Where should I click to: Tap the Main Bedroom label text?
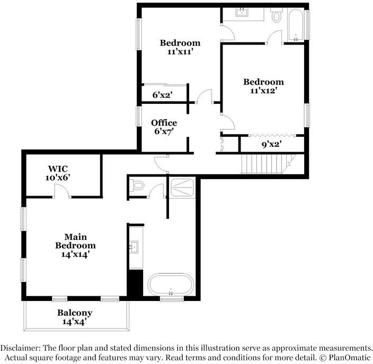(x=75, y=241)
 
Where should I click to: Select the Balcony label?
(x=75, y=313)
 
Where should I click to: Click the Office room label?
(x=164, y=123)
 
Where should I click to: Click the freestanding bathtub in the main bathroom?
(x=171, y=285)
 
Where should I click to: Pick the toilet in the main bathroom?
(x=138, y=186)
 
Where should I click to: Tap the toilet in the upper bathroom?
(x=277, y=16)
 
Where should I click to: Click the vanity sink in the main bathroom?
(x=134, y=246)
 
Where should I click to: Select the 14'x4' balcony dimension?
(x=75, y=321)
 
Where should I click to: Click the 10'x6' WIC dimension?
(x=58, y=177)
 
